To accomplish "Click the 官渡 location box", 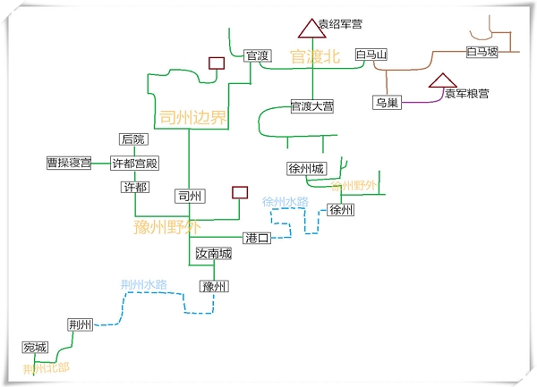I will (258, 55).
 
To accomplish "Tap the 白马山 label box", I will (371, 55).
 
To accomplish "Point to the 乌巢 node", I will (386, 103).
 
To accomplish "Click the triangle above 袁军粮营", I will (445, 81).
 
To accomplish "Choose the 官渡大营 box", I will (312, 106).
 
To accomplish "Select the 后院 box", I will (132, 139).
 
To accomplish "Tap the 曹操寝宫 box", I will (69, 163).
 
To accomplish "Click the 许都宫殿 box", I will (134, 163).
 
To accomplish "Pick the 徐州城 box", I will (307, 168).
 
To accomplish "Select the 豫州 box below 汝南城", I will (213, 286).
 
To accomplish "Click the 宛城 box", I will (34, 347).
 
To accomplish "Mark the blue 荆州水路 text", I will (144, 284).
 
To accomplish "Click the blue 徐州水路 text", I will (286, 202).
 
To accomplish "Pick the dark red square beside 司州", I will (239, 192).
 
